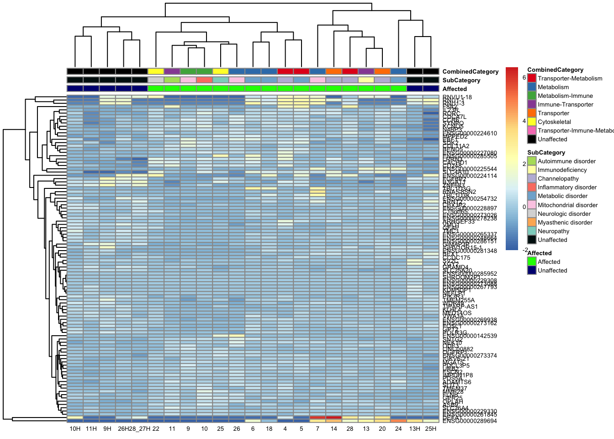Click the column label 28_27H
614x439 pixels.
[x=139, y=429]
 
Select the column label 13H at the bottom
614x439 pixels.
[x=414, y=429]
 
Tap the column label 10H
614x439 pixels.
[x=75, y=429]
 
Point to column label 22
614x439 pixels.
[x=156, y=429]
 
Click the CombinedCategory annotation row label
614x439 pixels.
[x=470, y=72]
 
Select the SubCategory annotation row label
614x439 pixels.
[x=461, y=80]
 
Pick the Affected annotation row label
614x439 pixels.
[x=455, y=89]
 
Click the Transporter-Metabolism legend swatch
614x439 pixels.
[x=532, y=79]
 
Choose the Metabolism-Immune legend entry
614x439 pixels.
[x=565, y=96]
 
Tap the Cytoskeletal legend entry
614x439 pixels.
[x=554, y=122]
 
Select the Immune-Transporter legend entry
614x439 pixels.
[x=565, y=105]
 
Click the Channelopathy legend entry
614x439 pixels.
[x=558, y=179]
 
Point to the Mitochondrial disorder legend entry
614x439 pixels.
[x=567, y=205]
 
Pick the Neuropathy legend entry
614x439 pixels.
[x=553, y=231]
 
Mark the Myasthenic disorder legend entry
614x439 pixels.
[x=565, y=223]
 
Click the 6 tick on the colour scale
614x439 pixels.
[x=524, y=78]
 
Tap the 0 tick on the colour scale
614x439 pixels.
[x=524, y=207]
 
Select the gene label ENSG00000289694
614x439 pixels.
[x=470, y=421]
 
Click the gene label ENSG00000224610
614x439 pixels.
[x=470, y=134]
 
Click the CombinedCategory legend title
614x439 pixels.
[x=555, y=70]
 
